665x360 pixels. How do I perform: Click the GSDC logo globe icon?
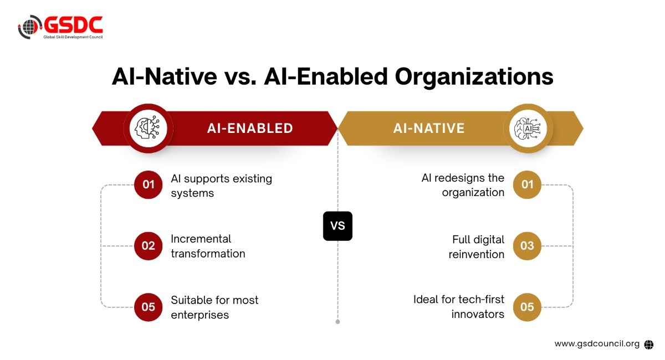(29, 27)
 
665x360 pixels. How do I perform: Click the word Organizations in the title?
(474, 77)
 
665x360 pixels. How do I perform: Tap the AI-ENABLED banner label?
(250, 128)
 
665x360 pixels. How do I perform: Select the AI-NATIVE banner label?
(429, 128)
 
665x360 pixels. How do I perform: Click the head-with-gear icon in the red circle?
(147, 127)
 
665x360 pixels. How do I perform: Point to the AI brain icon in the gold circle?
(528, 128)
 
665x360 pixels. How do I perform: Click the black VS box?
(337, 226)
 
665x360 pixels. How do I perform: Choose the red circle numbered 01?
(148, 184)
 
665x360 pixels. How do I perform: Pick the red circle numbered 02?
(148, 246)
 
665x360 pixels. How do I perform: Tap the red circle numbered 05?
(148, 307)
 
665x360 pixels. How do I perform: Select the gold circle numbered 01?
(527, 184)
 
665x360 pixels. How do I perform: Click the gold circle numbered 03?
(527, 246)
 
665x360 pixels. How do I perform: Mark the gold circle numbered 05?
(527, 307)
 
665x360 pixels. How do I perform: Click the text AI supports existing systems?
(222, 186)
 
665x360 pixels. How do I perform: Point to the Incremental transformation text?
(208, 246)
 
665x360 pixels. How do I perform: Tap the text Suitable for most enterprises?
(214, 307)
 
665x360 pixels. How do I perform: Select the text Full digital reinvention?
(477, 246)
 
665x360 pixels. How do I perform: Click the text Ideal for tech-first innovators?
(459, 307)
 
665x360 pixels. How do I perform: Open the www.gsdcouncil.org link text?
(597, 344)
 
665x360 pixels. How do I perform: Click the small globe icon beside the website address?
(649, 344)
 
